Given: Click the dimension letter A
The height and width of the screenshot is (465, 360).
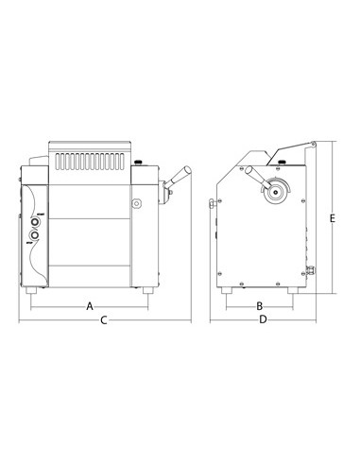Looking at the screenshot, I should point(90,306).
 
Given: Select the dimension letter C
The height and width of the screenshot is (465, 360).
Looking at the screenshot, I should point(103,322).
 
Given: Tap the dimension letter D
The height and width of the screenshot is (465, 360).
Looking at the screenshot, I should point(263,322).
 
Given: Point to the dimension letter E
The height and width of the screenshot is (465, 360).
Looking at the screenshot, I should point(333,218).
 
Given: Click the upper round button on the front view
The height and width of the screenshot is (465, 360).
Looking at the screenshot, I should point(37,218).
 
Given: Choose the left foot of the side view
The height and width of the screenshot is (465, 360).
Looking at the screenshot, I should point(228,289).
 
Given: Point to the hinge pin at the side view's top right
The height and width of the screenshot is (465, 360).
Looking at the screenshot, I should point(312,143).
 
